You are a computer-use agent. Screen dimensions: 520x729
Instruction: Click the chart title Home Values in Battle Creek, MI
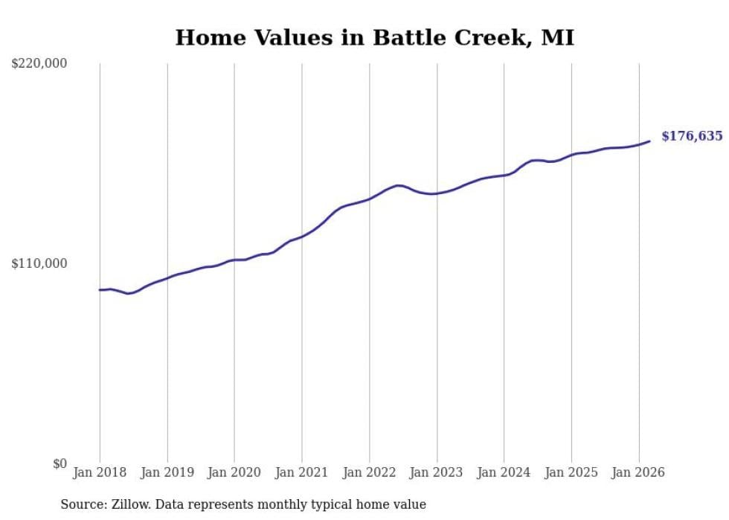click(374, 38)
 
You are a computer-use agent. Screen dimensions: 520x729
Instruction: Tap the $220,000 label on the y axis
click(39, 64)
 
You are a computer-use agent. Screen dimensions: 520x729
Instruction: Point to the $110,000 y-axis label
click(39, 263)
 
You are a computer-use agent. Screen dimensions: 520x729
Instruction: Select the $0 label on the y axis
click(60, 463)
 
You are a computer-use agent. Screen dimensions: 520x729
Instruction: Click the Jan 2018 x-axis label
click(100, 472)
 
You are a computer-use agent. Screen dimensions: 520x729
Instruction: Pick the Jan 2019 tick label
click(167, 472)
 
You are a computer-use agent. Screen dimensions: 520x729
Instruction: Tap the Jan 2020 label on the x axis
click(234, 472)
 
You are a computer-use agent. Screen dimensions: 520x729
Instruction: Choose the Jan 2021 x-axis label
click(302, 472)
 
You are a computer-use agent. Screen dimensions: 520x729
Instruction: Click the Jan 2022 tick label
click(369, 472)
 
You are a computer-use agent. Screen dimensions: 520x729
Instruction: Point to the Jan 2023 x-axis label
click(437, 472)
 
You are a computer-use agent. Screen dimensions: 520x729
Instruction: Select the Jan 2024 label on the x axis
click(504, 472)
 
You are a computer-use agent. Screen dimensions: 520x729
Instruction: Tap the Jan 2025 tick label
click(571, 472)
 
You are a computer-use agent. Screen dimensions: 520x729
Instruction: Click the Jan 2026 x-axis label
click(638, 472)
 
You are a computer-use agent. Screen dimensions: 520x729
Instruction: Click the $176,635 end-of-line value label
click(691, 136)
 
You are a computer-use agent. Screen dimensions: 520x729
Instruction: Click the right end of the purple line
click(649, 141)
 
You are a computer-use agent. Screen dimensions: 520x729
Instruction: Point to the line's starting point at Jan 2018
click(100, 289)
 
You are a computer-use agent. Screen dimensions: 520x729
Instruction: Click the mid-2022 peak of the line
click(399, 185)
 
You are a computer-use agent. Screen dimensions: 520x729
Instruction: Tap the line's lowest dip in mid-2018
click(128, 293)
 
